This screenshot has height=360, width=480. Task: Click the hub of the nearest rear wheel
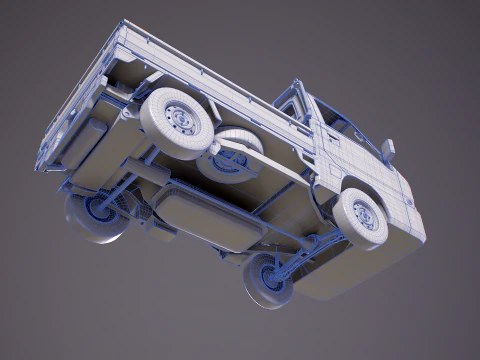(x=180, y=119)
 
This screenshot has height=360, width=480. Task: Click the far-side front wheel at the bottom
(x=268, y=280)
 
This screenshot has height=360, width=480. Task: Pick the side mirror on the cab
(x=387, y=151)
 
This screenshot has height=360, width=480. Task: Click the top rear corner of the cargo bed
(x=125, y=24)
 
